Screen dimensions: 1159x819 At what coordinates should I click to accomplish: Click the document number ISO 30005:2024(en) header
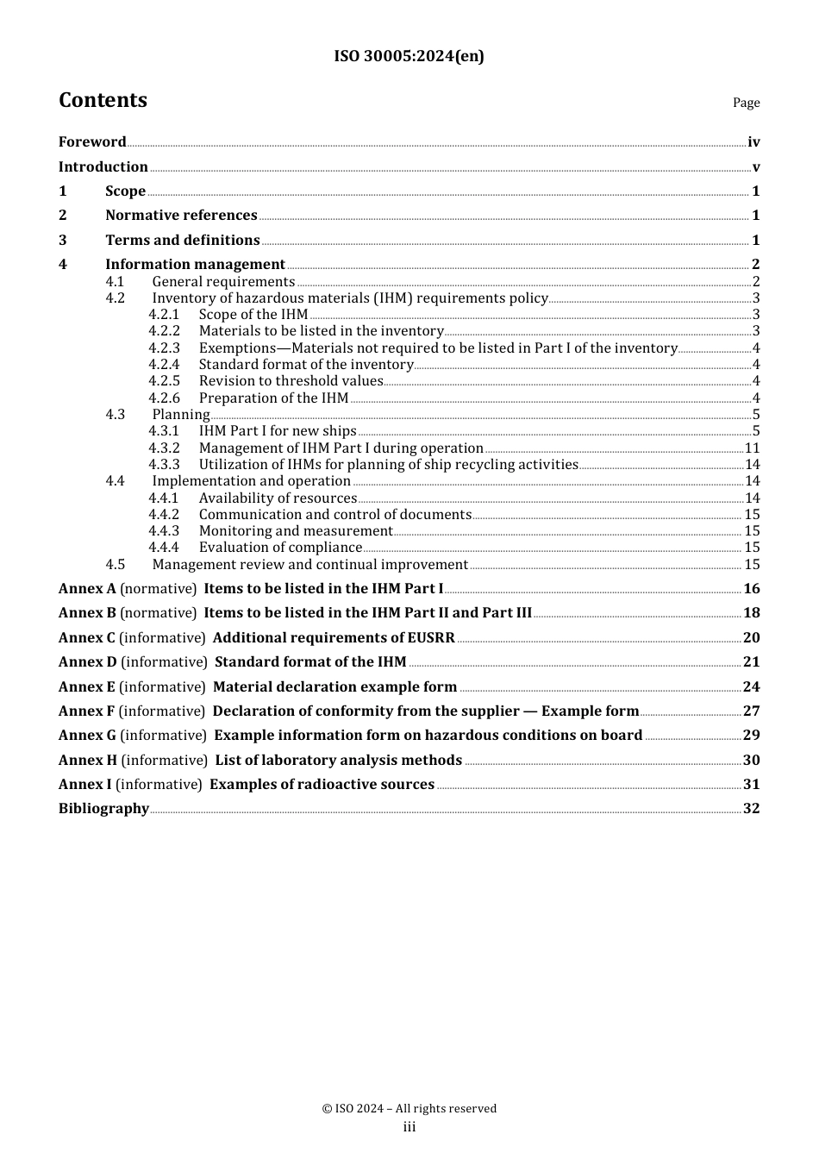(409, 56)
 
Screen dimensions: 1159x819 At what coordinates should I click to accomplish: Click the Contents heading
(103, 100)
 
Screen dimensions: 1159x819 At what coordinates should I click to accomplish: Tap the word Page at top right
(746, 103)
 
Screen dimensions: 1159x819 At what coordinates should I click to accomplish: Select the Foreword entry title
(92, 142)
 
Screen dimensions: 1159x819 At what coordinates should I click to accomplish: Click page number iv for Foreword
(753, 142)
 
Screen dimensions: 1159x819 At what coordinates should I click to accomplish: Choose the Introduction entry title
(103, 166)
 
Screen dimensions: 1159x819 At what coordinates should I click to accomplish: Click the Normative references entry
(181, 216)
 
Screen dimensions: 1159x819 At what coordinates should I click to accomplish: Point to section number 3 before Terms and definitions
(62, 240)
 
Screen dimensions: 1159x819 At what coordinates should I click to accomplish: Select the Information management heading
(195, 265)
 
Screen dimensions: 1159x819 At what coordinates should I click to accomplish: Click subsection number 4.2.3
(164, 348)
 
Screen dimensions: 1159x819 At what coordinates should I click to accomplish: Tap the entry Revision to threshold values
(291, 381)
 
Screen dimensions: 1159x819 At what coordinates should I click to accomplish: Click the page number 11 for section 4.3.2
(752, 448)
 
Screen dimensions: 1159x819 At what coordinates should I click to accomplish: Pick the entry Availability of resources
(278, 498)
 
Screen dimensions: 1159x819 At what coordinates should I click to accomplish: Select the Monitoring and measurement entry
(296, 531)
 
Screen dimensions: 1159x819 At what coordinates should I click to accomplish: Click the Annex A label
(87, 589)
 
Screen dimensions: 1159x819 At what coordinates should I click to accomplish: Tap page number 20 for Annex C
(751, 638)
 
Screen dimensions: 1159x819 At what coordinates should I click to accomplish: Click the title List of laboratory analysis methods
(338, 761)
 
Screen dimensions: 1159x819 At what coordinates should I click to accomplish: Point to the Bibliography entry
(103, 809)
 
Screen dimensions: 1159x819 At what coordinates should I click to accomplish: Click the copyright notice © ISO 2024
(409, 1109)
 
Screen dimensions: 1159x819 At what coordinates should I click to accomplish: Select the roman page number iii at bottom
(409, 1128)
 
